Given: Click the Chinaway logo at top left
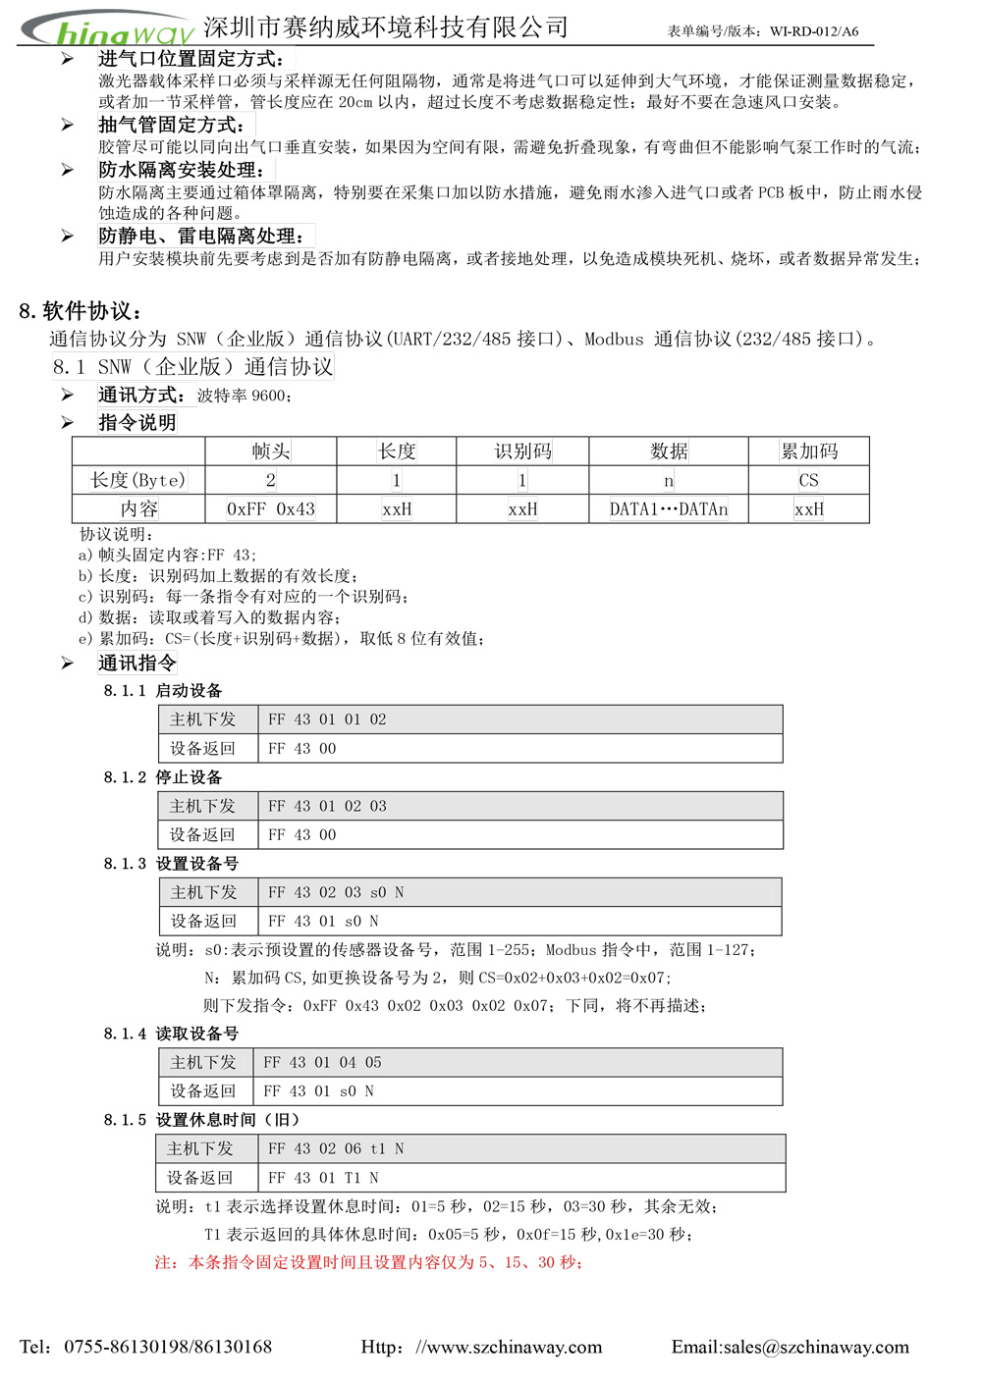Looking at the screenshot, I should click(108, 29).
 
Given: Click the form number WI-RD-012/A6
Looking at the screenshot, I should click(814, 31).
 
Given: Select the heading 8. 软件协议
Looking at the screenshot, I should click(81, 311).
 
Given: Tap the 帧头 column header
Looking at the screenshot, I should click(270, 451).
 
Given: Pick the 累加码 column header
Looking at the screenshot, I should click(808, 451).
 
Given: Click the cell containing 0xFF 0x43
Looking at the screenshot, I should click(270, 509).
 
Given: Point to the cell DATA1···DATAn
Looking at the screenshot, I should click(668, 509).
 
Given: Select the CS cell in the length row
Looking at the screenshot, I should click(808, 480).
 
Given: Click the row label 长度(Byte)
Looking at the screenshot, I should click(137, 480).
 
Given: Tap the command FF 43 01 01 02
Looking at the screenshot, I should click(327, 719).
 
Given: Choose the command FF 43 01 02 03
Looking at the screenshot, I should click(327, 806).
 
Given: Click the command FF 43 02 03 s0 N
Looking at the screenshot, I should click(336, 892).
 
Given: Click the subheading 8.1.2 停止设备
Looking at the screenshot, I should click(163, 777).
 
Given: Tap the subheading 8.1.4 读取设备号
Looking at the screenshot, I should click(171, 1034).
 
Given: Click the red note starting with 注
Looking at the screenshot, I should click(368, 1262).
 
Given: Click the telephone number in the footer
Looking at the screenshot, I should click(167, 1347).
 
